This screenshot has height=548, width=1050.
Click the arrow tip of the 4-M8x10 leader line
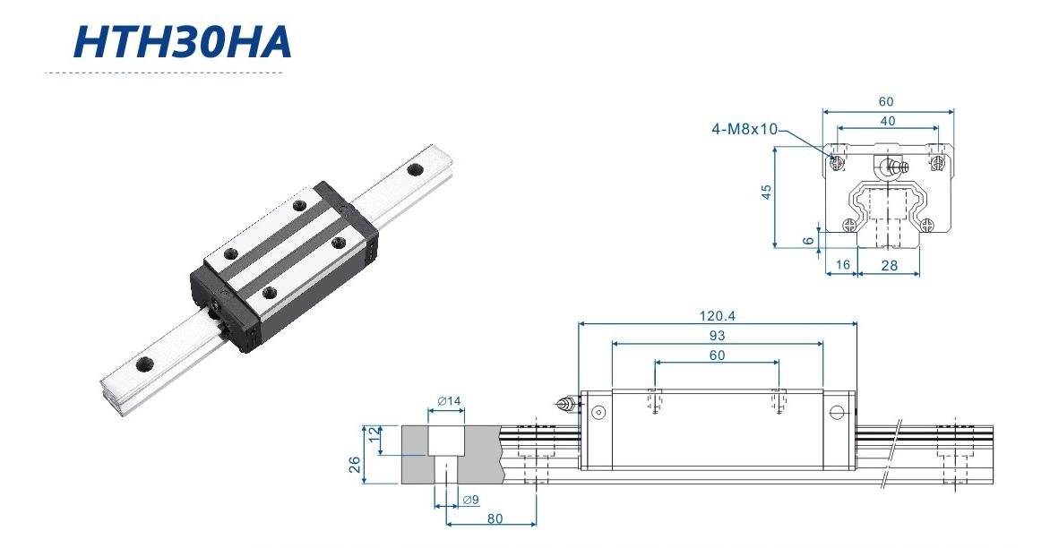832,158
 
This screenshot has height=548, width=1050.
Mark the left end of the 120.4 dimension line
579,323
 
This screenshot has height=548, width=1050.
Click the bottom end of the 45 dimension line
775,247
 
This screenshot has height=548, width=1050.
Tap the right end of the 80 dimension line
536,524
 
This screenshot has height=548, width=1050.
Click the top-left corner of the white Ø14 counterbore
428,425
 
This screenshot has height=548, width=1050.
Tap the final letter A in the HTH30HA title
273,42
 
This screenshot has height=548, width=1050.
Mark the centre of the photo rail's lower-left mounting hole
144,364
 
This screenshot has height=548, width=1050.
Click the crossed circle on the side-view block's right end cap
836,412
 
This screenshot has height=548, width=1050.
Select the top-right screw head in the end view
937,161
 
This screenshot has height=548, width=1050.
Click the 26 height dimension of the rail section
355,464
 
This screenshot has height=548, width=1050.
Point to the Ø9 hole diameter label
470,499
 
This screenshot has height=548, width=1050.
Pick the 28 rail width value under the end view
889,266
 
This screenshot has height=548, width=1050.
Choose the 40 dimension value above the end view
887,121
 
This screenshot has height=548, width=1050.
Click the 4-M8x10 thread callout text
744,129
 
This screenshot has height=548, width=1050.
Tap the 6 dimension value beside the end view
808,241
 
